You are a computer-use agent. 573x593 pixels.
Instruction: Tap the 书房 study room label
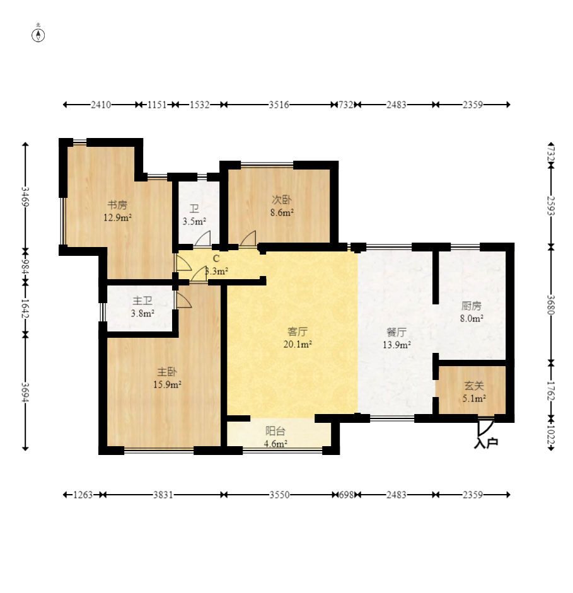click(117, 205)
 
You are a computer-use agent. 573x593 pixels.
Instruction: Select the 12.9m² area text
click(118, 217)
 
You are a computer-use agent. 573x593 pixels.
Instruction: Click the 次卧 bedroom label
click(282, 200)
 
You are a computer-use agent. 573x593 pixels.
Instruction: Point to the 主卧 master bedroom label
click(167, 372)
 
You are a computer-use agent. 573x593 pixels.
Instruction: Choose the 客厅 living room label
click(298, 331)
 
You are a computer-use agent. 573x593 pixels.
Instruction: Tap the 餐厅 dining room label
click(396, 333)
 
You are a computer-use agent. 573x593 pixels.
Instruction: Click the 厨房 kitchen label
click(472, 306)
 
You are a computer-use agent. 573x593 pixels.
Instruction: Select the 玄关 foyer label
click(474, 386)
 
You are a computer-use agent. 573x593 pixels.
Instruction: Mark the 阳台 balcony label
click(275, 431)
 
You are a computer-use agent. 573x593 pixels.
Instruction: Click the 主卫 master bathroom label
click(142, 301)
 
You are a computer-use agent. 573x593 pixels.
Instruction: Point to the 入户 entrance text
click(486, 443)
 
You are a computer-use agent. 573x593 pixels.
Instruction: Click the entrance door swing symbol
click(485, 427)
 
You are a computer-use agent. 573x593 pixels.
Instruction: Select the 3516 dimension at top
click(279, 105)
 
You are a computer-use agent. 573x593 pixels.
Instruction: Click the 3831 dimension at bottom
click(163, 495)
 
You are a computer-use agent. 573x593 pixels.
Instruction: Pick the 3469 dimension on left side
click(25, 197)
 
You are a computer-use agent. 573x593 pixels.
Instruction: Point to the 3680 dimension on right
click(551, 305)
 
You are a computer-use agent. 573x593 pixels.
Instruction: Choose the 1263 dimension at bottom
click(83, 495)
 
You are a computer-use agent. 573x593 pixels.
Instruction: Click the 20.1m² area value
click(298, 344)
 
